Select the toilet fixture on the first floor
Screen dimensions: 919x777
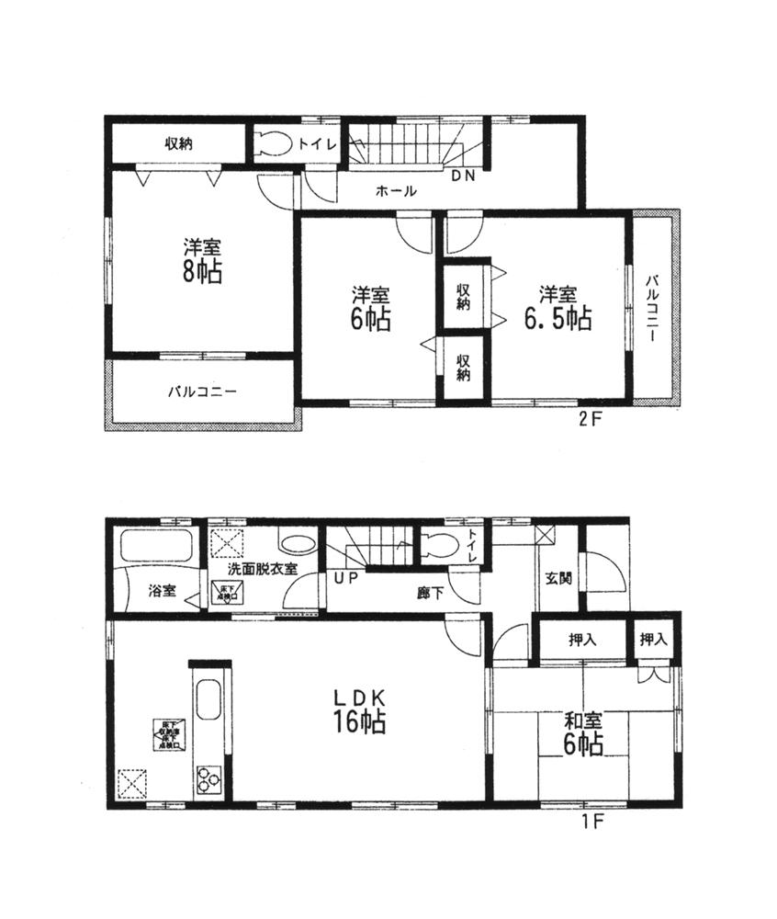click(x=439, y=546)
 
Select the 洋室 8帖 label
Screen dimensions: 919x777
click(x=201, y=260)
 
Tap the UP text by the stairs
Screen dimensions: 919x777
click(x=345, y=578)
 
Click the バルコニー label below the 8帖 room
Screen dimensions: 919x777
click(x=202, y=391)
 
